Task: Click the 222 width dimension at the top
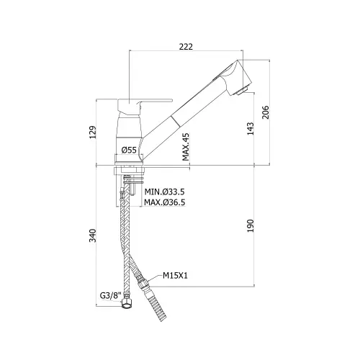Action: (x=186, y=46)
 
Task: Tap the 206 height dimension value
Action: (x=266, y=112)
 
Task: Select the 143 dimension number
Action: (x=251, y=129)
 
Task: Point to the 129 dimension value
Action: (x=93, y=132)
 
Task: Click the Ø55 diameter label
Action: (x=129, y=150)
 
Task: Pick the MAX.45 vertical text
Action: (x=186, y=147)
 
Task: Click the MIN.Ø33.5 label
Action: (x=164, y=192)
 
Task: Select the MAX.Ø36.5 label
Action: (x=165, y=202)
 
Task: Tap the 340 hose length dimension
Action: (x=93, y=235)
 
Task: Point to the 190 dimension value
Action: (x=251, y=226)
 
